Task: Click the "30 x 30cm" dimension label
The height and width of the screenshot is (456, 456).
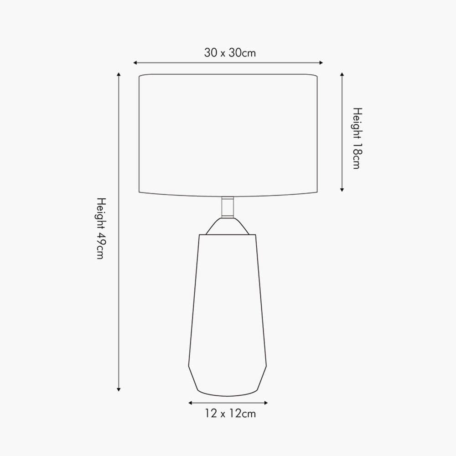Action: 230,52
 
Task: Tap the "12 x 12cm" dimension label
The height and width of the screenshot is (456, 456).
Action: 230,414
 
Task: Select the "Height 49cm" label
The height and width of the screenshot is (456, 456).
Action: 101,228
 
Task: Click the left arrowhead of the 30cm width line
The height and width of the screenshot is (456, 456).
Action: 135,62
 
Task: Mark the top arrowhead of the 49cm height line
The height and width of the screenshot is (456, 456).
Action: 119,74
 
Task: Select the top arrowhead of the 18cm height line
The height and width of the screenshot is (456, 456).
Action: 342,74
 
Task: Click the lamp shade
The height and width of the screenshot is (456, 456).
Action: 228,135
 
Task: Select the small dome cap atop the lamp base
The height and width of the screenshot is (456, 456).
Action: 228,227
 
